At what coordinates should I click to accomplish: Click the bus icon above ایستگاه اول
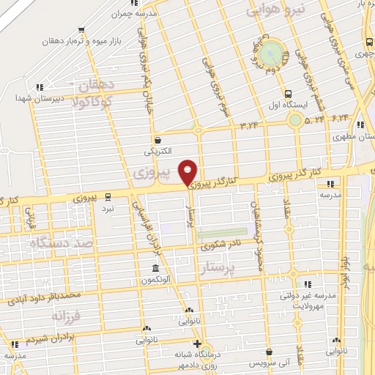click(288, 94)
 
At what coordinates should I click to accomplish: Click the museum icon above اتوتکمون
click(155, 268)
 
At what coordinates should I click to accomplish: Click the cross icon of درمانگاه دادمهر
click(196, 344)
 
